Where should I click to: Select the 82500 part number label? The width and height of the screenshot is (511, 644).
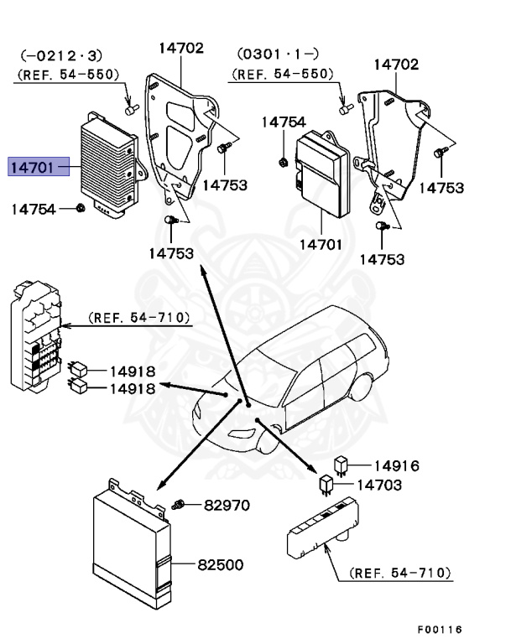pyautogui.click(x=221, y=564)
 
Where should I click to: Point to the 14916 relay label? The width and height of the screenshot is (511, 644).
pyautogui.click(x=396, y=466)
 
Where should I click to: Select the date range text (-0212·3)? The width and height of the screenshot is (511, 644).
pyautogui.click(x=60, y=57)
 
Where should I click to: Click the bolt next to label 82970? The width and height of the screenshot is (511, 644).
pyautogui.click(x=178, y=505)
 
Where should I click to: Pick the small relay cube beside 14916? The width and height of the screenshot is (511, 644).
pyautogui.click(x=342, y=464)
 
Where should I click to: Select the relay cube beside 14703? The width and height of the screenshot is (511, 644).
pyautogui.click(x=326, y=483)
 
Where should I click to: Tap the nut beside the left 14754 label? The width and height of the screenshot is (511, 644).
pyautogui.click(x=79, y=208)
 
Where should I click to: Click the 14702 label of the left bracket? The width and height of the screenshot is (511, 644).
pyautogui.click(x=180, y=48)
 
